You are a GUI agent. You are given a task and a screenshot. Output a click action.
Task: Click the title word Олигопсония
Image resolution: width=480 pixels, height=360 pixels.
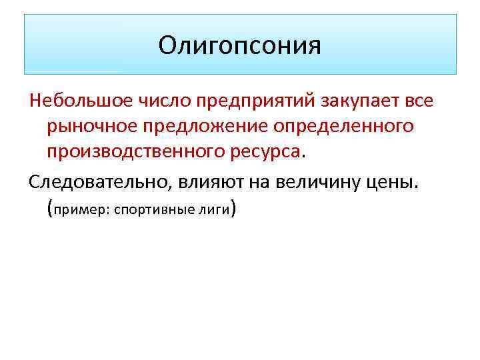coord(240,45)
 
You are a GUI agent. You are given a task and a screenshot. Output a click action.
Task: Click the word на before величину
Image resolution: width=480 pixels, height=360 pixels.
coord(251,182)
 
